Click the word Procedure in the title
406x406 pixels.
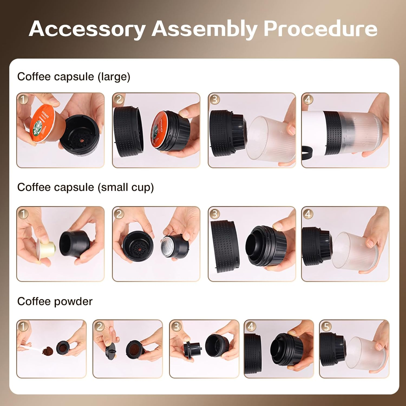click(320, 29)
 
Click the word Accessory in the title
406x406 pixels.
click(87, 29)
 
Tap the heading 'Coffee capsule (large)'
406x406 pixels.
click(74, 77)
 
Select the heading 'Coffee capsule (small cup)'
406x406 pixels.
click(85, 187)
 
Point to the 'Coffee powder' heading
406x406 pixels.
click(55, 301)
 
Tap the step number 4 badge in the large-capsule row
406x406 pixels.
click(308, 100)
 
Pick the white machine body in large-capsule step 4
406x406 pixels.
click(313, 127)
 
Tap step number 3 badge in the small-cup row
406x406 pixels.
click(214, 214)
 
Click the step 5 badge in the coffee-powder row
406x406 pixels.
click(326, 326)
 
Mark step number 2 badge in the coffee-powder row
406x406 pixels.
click(100, 326)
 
